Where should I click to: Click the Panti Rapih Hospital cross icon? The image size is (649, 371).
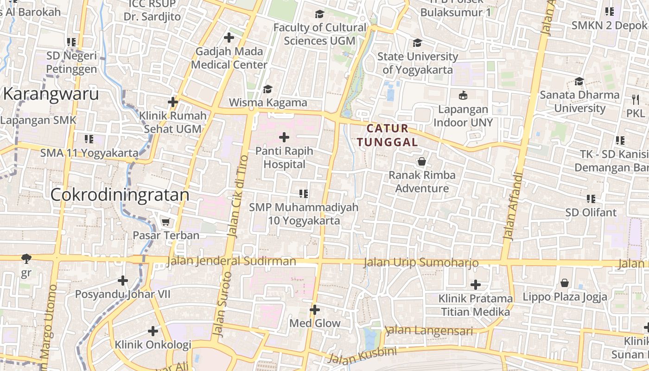click(284, 137)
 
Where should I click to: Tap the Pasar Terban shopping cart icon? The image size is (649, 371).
click(165, 222)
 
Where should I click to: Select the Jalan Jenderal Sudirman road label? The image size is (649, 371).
click(231, 261)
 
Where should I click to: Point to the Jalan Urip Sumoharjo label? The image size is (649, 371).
click(421, 262)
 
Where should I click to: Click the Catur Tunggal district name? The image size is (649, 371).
click(388, 135)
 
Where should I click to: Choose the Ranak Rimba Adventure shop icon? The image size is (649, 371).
click(422, 161)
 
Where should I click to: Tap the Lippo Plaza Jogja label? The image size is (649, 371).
click(565, 297)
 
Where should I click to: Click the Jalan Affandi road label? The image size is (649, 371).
click(512, 206)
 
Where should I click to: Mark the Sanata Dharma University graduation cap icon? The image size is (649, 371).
click(579, 82)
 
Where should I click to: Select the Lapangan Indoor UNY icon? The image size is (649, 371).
click(463, 96)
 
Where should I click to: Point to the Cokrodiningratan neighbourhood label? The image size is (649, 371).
click(120, 195)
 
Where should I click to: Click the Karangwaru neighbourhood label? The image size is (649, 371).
click(51, 94)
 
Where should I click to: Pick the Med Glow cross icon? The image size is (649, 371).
click(315, 310)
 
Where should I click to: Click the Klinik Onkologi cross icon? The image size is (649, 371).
click(153, 331)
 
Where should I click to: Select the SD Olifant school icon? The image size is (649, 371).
click(591, 199)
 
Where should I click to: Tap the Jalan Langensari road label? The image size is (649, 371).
click(429, 331)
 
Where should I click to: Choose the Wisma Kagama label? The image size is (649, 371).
click(268, 102)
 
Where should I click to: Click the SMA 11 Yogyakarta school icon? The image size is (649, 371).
click(89, 139)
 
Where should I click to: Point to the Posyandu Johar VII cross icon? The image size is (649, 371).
click(123, 281)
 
